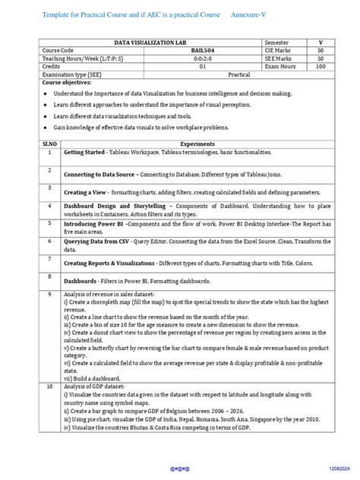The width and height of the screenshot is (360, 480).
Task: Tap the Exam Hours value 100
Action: pyautogui.click(x=320, y=67)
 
